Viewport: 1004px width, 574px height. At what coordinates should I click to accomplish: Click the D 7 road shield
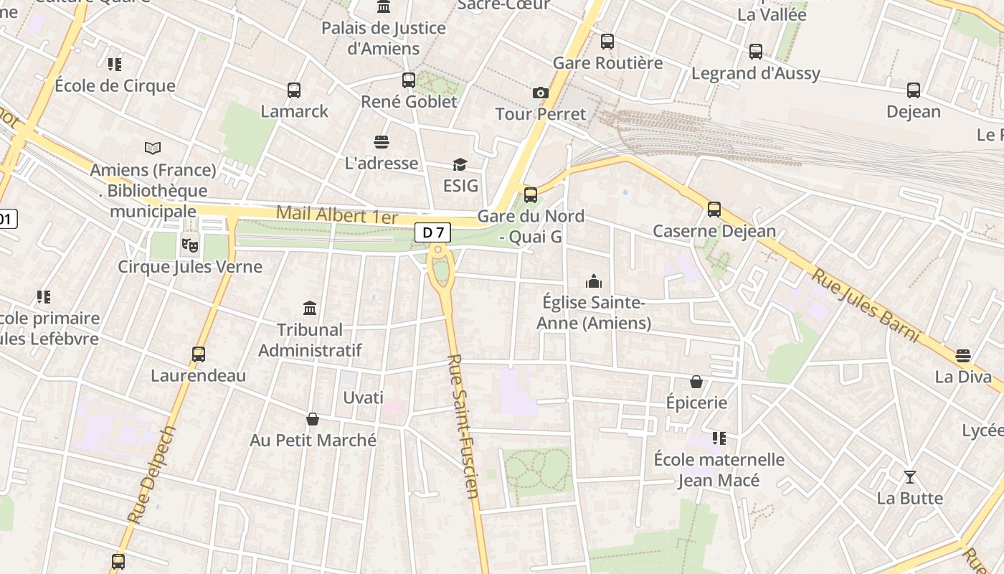point(433,232)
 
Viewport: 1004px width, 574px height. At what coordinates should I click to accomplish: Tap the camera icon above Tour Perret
point(541,93)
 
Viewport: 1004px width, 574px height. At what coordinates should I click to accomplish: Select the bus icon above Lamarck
point(294,90)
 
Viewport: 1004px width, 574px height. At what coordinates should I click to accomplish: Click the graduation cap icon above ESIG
point(460,165)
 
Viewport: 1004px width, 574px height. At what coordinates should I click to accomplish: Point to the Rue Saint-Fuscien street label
point(463,426)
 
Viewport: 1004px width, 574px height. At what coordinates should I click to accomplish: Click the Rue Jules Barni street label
point(865,306)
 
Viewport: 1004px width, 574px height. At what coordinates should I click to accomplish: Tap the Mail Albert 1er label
point(336,214)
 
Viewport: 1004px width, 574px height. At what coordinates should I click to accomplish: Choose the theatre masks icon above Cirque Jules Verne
point(190,245)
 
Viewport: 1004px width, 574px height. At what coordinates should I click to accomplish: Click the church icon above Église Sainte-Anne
point(594,281)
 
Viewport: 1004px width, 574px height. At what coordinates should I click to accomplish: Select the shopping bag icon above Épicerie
point(696,382)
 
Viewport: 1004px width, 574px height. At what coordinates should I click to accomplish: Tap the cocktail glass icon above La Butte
point(910,477)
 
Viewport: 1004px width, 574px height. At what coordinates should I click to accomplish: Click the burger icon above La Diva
point(963,356)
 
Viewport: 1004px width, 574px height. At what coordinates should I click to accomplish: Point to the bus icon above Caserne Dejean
point(714,210)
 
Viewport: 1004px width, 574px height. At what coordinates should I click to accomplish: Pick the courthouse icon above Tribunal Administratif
point(310,309)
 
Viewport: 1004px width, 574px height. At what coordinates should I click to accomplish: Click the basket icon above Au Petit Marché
point(313,419)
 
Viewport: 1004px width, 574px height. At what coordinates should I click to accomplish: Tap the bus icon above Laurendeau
point(199,354)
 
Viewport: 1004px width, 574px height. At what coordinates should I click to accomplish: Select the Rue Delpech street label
point(151,474)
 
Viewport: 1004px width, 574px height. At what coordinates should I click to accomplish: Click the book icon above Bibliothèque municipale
point(153,149)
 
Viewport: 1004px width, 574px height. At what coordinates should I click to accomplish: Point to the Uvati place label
point(363,397)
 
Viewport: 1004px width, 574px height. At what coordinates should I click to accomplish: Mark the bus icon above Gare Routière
point(607,42)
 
